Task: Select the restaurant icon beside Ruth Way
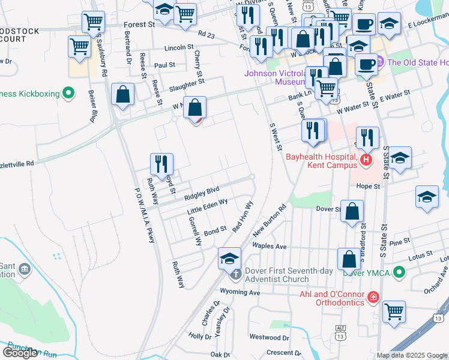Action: pyautogui.click(x=161, y=163)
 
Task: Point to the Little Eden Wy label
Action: pyautogui.click(x=207, y=207)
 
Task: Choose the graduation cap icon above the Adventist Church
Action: pyautogui.click(x=229, y=258)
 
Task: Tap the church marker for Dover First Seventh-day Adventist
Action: pyautogui.click(x=234, y=275)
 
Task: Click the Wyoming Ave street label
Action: pyautogui.click(x=240, y=292)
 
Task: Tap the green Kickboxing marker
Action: pyautogui.click(x=69, y=93)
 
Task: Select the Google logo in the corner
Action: pyautogui.click(x=20, y=353)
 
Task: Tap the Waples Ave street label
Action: pyautogui.click(x=270, y=247)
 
